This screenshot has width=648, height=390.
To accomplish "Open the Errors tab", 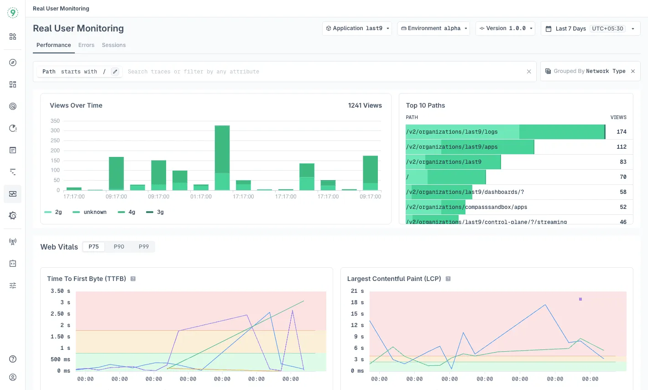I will click(x=86, y=45).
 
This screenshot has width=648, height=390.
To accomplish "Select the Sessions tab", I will click(x=114, y=45).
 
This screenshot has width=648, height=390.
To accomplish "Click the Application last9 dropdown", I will click(x=357, y=28).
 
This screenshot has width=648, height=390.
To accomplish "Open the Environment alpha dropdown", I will click(x=434, y=28).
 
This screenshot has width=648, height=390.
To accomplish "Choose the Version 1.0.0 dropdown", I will click(x=505, y=28).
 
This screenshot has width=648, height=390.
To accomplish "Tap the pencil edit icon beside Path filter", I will click(x=115, y=72).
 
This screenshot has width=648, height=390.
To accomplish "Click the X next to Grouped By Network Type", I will click(x=633, y=71).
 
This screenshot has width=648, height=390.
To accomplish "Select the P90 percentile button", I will click(x=119, y=247).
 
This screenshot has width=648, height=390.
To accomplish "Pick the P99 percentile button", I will click(x=144, y=247).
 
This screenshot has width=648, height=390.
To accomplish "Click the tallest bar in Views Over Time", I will click(x=222, y=157).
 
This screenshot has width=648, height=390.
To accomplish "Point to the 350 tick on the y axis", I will click(x=55, y=121).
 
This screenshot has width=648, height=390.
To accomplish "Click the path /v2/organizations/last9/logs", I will click(x=451, y=132).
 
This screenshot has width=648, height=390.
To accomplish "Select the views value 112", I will click(x=621, y=147).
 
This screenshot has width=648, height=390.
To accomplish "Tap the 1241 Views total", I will click(x=365, y=105).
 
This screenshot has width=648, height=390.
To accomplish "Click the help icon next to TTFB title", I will click(x=133, y=279).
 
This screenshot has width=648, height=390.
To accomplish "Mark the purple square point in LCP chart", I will click(x=580, y=299).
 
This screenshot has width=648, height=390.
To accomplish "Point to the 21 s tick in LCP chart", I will click(x=357, y=291).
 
